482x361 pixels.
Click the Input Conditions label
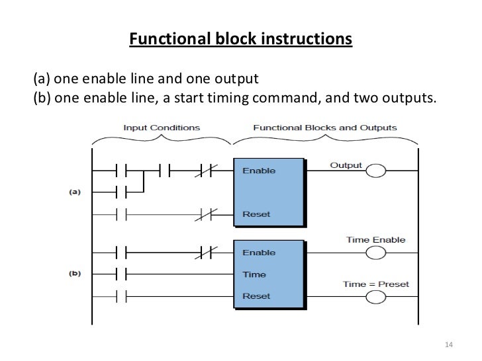[161, 127]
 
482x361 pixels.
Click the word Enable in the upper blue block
[260, 171]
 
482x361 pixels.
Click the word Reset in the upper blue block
[256, 214]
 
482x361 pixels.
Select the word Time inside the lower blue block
[254, 274]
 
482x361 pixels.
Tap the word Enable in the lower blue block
[260, 253]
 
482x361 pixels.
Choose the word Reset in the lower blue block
[256, 296]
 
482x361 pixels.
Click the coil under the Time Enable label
[375, 253]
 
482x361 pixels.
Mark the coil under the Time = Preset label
[375, 297]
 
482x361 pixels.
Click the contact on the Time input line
[121, 274]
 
